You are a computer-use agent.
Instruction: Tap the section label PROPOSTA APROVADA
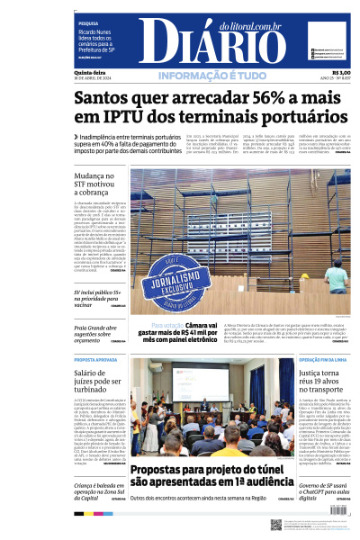(94, 360)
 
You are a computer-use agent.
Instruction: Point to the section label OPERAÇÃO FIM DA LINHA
(325, 360)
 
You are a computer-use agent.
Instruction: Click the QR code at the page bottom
(276, 525)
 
